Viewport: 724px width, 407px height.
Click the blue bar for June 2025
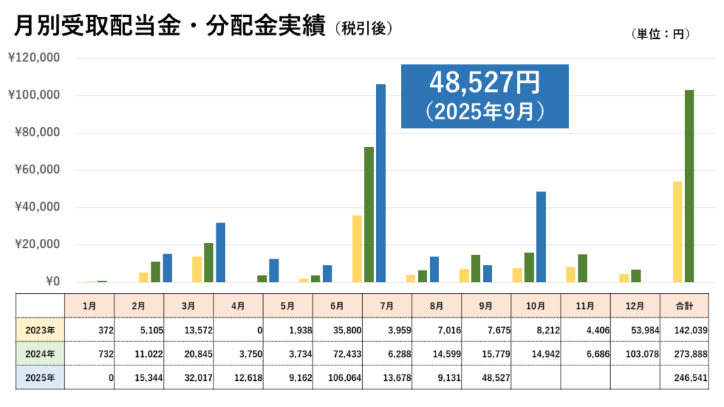[381, 184]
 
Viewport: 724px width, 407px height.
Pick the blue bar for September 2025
[541, 237]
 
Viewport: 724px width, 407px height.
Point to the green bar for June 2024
[369, 215]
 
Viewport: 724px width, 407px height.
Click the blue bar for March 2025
[221, 252]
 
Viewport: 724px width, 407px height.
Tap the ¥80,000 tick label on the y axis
[33, 133]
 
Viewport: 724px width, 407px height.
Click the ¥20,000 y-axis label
[33, 245]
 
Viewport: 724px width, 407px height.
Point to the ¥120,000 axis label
[33, 58]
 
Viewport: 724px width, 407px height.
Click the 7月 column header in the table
[387, 306]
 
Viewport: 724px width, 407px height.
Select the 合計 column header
[684, 306]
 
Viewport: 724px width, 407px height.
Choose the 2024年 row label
[40, 353]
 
